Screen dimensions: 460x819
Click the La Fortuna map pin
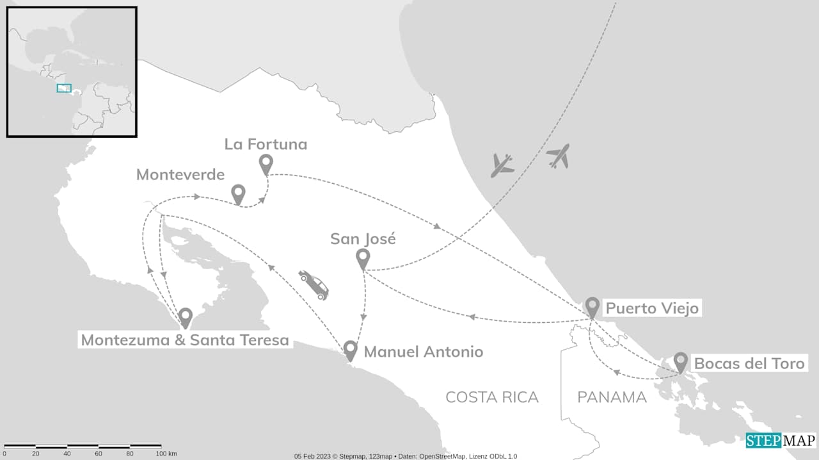[266, 163]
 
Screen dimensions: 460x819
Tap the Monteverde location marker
[238, 193]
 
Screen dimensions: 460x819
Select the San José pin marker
[363, 258]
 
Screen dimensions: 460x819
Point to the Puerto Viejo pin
[592, 306]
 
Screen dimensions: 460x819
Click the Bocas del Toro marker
[680, 361]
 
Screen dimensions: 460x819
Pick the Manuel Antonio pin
[350, 350]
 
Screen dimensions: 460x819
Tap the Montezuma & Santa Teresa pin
[186, 317]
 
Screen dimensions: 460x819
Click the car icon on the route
[314, 284]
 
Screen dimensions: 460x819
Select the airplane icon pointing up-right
[559, 156]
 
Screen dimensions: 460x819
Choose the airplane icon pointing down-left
[502, 165]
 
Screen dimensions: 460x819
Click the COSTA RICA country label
[492, 397]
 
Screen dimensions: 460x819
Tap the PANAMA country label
[612, 397]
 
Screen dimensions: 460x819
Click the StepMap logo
[781, 441]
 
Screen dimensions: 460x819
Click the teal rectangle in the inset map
[63, 88]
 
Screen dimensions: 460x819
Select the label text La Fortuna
[266, 144]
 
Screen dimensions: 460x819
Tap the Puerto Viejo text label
[652, 308]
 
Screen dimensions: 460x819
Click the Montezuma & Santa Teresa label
[185, 340]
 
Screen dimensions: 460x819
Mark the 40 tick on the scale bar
[67, 454]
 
